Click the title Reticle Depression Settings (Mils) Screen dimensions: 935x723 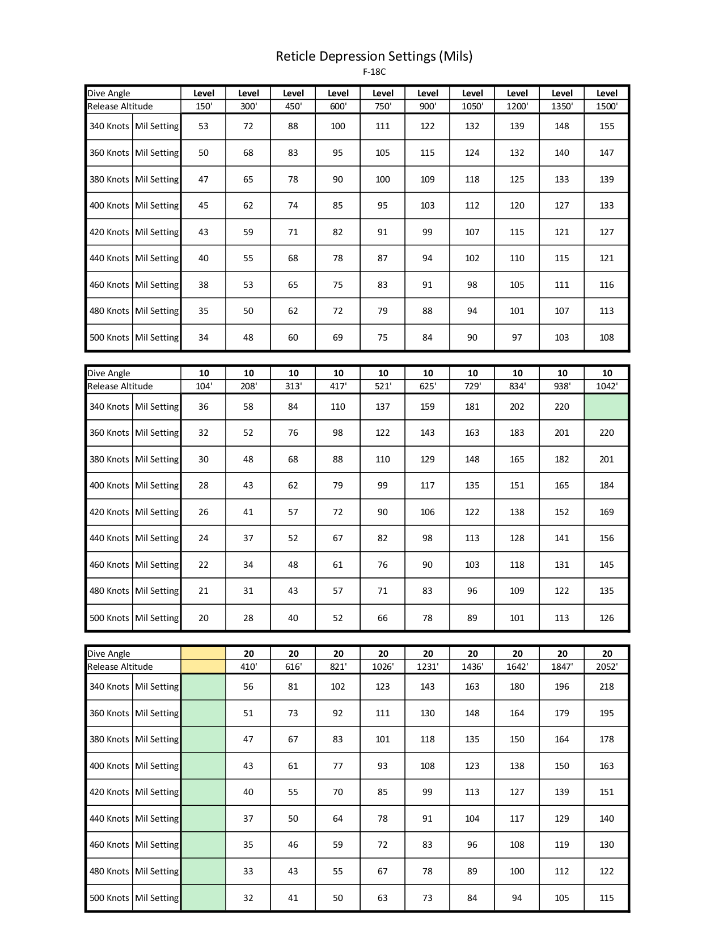(x=374, y=56)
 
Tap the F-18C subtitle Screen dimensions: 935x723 (x=374, y=72)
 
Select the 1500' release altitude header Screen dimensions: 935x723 (x=607, y=107)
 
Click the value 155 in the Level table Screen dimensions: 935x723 (x=607, y=126)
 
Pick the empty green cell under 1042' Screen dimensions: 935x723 (x=606, y=407)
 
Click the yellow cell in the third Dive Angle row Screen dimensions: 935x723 (x=204, y=654)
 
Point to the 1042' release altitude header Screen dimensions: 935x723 (x=607, y=386)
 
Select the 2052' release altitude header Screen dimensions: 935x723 (x=607, y=667)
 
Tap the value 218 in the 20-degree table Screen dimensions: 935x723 (x=607, y=687)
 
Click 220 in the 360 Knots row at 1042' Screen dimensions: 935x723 (x=607, y=433)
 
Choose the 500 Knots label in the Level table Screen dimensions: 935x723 (x=109, y=338)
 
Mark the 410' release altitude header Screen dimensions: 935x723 (x=248, y=667)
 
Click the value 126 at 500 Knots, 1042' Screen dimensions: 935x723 (x=607, y=618)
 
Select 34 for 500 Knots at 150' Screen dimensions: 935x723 (x=204, y=338)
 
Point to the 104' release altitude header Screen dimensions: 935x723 (x=204, y=386)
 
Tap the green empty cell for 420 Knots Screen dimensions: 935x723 (x=204, y=792)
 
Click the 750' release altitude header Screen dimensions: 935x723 (x=383, y=107)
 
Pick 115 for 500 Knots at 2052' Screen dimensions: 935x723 (x=607, y=898)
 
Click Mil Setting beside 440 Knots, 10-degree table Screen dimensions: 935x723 (x=157, y=538)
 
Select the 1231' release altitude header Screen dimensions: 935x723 (x=428, y=667)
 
